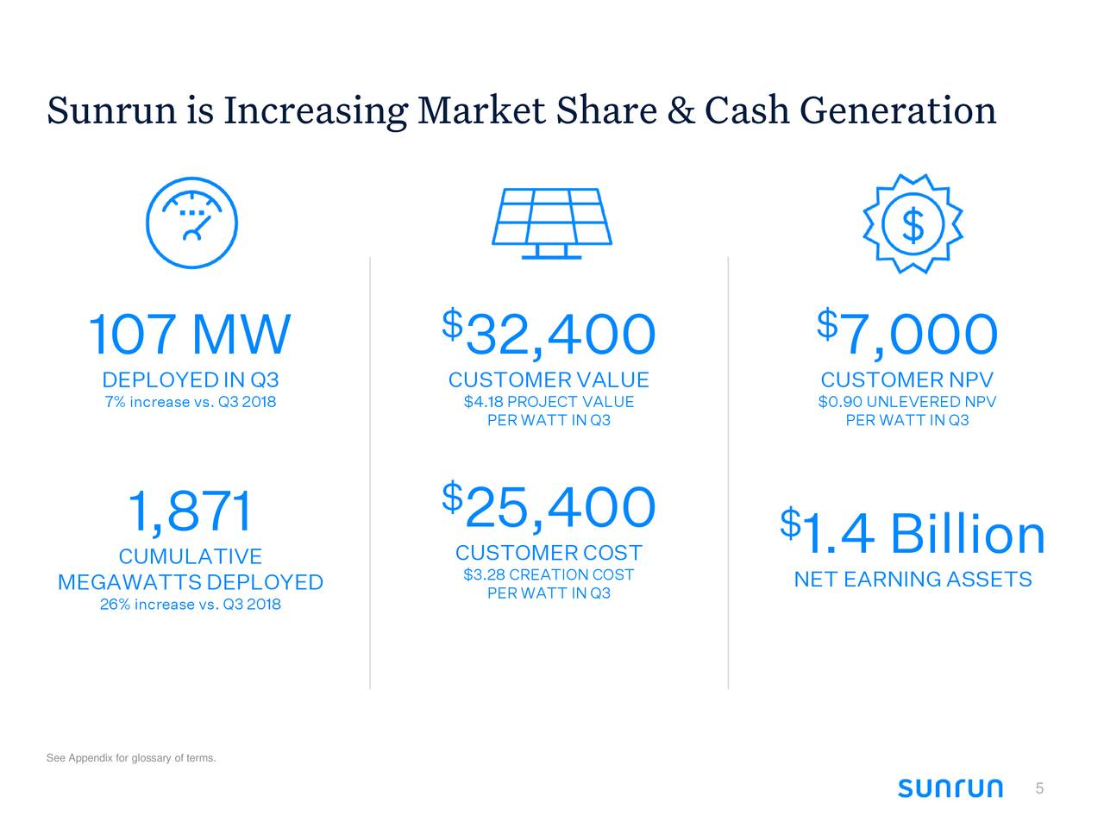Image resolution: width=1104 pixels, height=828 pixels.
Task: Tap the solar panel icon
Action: coord(551,223)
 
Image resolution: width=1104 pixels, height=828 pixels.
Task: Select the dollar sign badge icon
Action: coord(913,224)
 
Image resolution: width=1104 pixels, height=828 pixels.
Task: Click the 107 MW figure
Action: coord(190,335)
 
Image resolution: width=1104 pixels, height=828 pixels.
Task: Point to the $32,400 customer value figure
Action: coord(549,335)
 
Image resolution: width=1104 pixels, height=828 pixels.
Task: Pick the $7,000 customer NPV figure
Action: coord(907,335)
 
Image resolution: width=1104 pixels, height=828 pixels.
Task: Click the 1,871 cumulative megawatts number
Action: coord(190,511)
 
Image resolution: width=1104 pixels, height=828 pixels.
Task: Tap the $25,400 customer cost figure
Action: coord(549,507)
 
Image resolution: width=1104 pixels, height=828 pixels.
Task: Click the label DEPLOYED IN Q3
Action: coord(190,380)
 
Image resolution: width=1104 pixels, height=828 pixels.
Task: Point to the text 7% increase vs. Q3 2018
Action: coord(190,402)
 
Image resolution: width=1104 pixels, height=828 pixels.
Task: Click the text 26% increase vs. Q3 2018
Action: coord(190,604)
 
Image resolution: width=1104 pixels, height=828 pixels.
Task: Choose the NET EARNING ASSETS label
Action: coord(913,580)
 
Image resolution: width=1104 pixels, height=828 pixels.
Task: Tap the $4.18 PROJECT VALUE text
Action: coord(549,402)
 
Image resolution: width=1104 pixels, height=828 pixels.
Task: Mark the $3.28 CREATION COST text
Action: coord(549,575)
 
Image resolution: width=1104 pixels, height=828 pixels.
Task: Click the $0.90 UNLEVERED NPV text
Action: coord(907,402)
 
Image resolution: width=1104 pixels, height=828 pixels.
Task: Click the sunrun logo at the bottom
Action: coord(950,788)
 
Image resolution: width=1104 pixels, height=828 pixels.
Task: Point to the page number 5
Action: coord(1039,788)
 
